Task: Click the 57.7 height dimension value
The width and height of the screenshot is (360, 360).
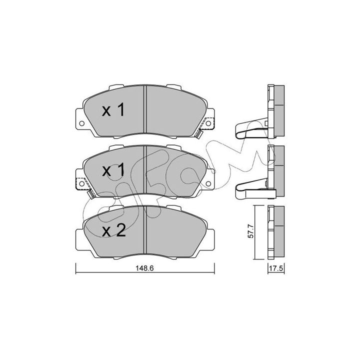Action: pyautogui.click(x=251, y=231)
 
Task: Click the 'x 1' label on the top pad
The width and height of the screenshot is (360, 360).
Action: pyautogui.click(x=113, y=109)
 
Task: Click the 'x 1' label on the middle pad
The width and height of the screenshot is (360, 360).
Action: pyautogui.click(x=113, y=170)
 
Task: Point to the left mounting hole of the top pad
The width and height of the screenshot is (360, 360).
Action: pyautogui.click(x=81, y=123)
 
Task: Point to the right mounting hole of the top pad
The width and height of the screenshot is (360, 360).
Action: pyautogui.click(x=208, y=123)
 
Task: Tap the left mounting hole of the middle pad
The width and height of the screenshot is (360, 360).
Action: pyautogui.click(x=81, y=183)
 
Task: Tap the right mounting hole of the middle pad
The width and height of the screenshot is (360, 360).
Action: pyautogui.click(x=208, y=183)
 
